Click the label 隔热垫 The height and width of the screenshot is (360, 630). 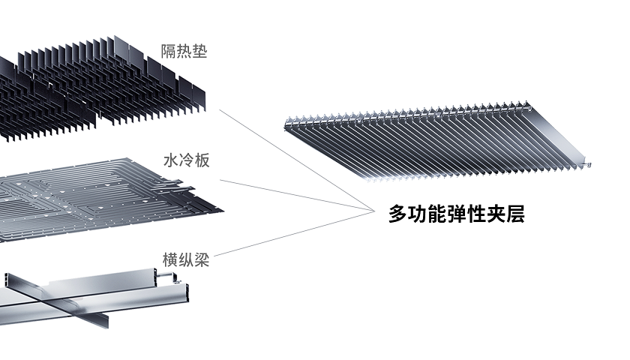(184, 52)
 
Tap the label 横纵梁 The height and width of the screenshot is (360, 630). (185, 260)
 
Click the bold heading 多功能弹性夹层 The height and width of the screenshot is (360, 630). (456, 214)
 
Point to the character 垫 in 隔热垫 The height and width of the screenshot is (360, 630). (199, 52)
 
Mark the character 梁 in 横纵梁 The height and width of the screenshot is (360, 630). (201, 260)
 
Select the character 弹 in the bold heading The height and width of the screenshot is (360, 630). (456, 214)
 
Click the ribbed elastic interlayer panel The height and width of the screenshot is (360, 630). (435, 142)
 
